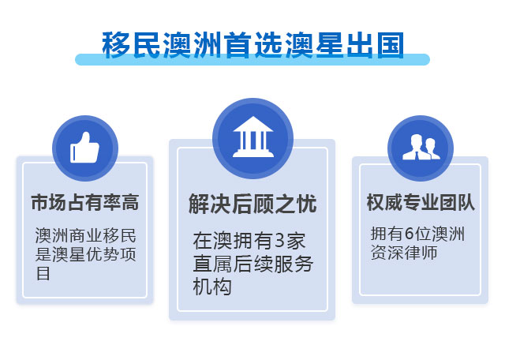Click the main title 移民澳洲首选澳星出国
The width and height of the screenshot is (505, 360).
coord(252,45)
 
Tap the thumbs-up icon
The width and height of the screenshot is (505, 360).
coord(84,148)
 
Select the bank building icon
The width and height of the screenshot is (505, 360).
coord(252,137)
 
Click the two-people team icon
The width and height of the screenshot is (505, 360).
coord(421,147)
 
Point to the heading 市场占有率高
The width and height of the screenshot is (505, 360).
coord(85,202)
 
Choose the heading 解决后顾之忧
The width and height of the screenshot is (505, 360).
coord(252,204)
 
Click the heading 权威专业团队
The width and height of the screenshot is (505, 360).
coord(421,202)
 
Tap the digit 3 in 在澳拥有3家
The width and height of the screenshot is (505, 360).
coord(280,241)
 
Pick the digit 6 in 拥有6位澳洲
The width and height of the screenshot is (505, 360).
coord(409,234)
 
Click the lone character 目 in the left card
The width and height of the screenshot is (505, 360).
coord(43,273)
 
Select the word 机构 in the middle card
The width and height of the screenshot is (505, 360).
coord(212,287)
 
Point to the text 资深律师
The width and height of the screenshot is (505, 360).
coord(404,253)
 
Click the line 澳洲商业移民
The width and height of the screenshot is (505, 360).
coord(86,235)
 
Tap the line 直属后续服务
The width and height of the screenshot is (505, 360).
coord(253,264)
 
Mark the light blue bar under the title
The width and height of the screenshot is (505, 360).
coord(252,60)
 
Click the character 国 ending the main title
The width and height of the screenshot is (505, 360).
coord(391,45)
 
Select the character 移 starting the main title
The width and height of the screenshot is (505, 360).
coord(116,45)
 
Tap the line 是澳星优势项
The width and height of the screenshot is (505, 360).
coord(86,254)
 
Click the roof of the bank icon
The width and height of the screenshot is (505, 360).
coord(252,124)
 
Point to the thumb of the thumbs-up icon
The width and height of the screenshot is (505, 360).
coord(86,138)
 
